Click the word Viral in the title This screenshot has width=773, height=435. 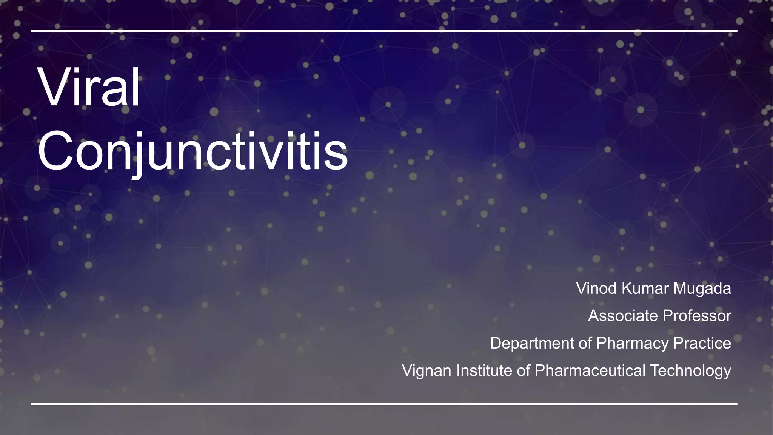tap(89, 88)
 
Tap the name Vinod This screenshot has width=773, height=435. tap(596, 288)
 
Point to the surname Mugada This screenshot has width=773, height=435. tap(702, 288)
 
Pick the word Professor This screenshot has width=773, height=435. tap(697, 316)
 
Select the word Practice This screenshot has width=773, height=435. tap(702, 343)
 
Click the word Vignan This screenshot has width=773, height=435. tap(427, 370)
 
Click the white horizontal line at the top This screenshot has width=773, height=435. tap(383, 31)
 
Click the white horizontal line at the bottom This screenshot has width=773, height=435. tap(383, 404)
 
